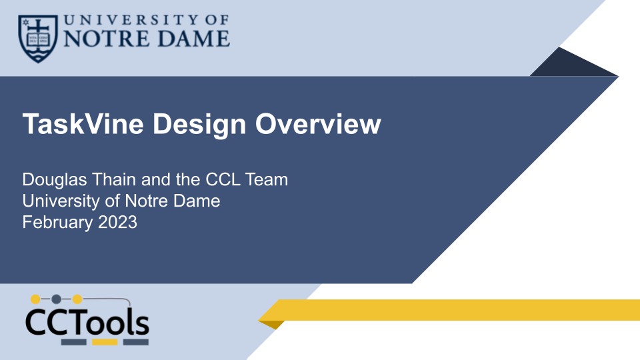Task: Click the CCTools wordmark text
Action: coord(87,323)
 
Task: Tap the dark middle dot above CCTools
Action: coord(57,299)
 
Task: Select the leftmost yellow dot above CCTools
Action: coord(35,299)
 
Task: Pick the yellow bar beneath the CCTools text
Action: coord(105,342)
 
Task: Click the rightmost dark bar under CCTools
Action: coord(136,342)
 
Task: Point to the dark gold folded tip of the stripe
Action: coord(271,325)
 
